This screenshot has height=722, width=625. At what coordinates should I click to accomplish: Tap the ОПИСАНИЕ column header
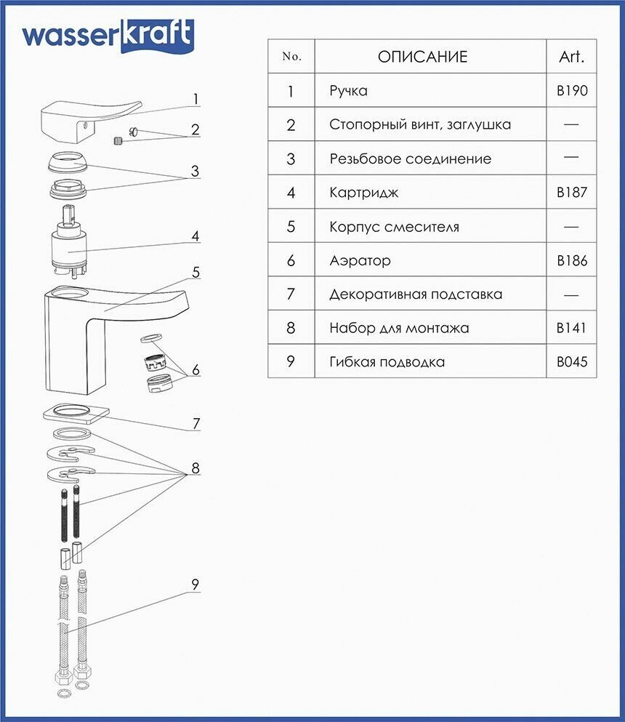422,57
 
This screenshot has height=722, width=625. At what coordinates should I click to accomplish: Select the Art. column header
571,57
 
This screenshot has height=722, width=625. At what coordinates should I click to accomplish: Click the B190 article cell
571,91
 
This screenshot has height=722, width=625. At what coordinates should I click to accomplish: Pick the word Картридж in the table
363,193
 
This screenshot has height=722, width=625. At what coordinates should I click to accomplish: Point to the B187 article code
571,193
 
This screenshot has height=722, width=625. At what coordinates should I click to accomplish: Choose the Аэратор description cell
360,260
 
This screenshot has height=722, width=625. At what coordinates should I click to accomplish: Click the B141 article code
571,328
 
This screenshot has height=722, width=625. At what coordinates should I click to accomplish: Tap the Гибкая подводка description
387,361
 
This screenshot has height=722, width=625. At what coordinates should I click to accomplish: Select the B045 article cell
571,361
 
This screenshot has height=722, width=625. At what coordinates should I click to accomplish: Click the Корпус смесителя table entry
394,227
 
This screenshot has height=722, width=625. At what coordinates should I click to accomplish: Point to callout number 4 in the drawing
195,236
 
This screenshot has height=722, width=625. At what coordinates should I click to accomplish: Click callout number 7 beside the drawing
195,424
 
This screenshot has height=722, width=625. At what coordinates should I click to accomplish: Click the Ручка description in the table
348,91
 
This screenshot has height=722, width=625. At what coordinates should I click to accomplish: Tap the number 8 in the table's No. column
291,328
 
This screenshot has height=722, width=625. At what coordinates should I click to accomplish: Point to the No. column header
291,57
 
